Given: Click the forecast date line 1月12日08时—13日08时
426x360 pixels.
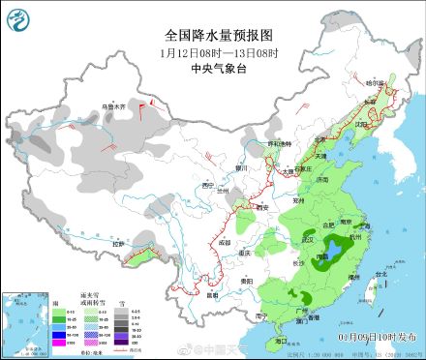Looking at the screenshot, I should point(213,52).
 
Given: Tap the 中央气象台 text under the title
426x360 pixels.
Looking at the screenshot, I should point(213,69).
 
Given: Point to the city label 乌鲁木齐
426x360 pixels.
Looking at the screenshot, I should point(115,105).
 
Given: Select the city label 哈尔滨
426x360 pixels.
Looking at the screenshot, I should point(375,84).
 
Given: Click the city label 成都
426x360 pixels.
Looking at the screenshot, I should point(225,240).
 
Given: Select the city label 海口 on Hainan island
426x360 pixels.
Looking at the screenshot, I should point(281,341).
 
